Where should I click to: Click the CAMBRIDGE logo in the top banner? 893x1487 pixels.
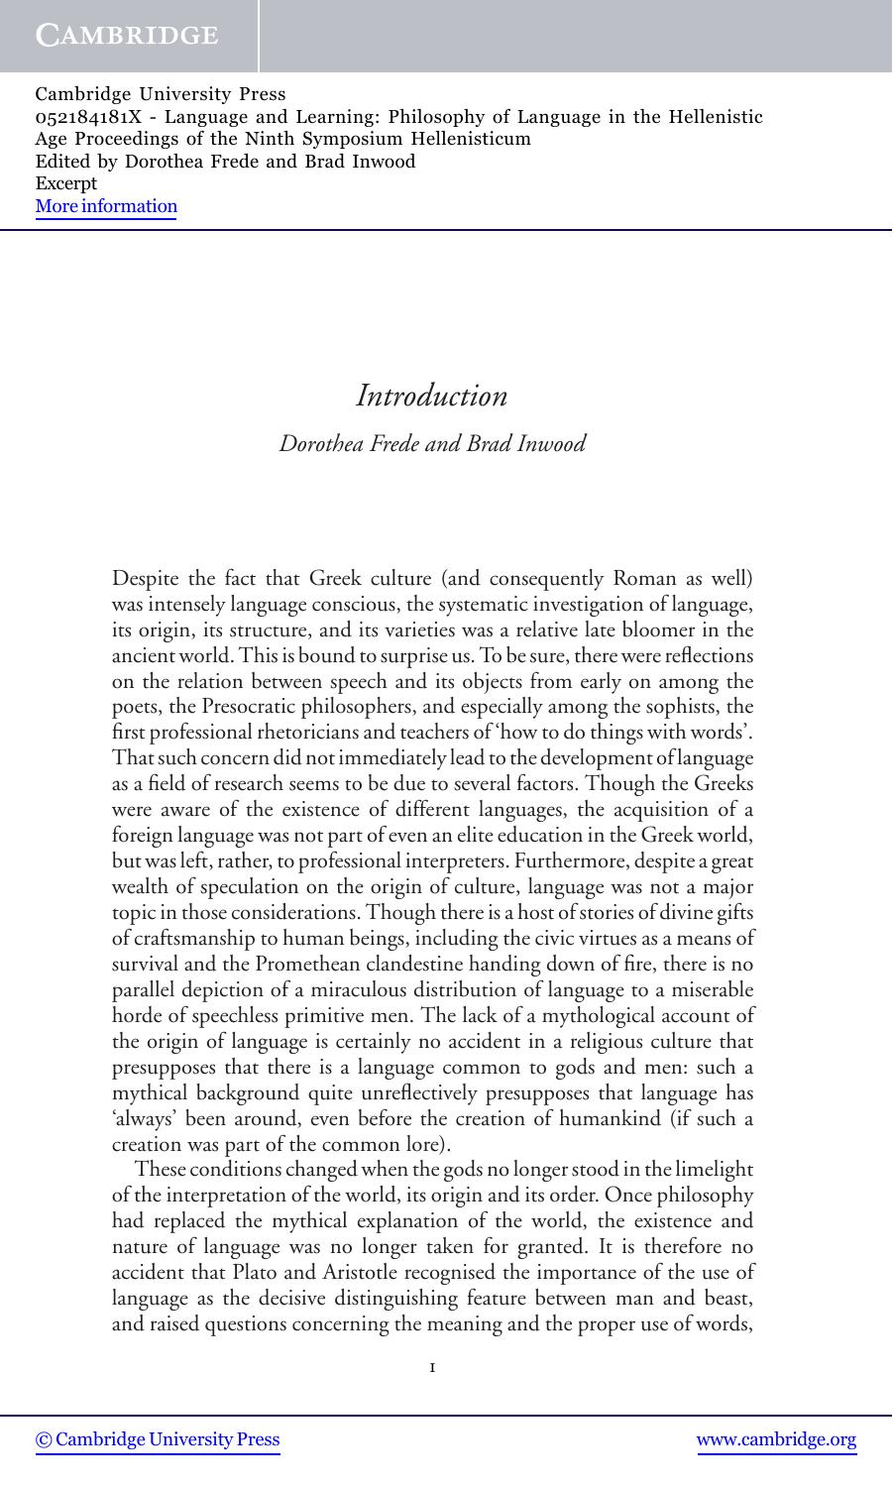(x=127, y=36)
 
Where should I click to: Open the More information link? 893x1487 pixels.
(x=106, y=206)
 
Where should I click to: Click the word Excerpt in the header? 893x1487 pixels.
(x=65, y=183)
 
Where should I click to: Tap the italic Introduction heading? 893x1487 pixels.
(x=432, y=396)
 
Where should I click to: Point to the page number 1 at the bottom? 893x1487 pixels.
(x=432, y=1368)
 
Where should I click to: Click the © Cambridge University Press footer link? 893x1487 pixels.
(x=158, y=1439)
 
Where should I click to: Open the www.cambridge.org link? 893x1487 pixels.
(x=777, y=1439)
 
